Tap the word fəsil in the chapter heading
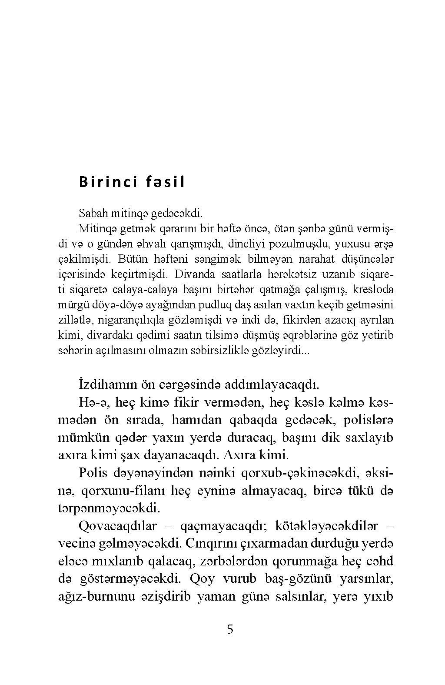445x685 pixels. pos(163,182)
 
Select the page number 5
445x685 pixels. pos(230,629)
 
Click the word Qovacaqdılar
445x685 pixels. pos(118,526)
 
